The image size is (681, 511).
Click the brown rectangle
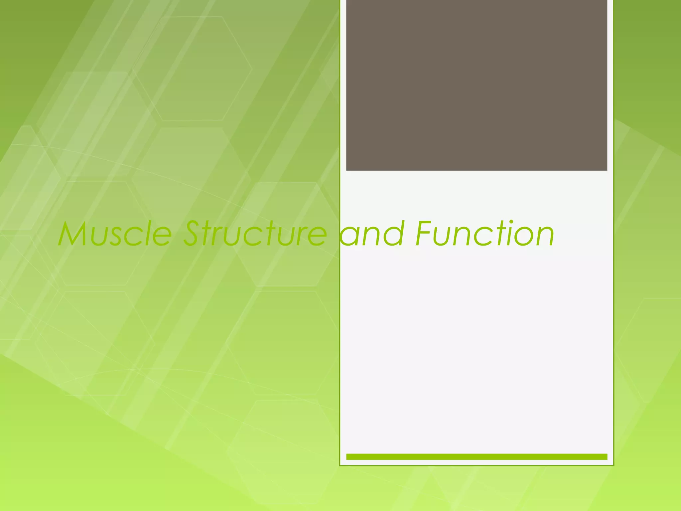pos(477,85)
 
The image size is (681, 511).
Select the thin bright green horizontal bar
pos(477,457)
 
